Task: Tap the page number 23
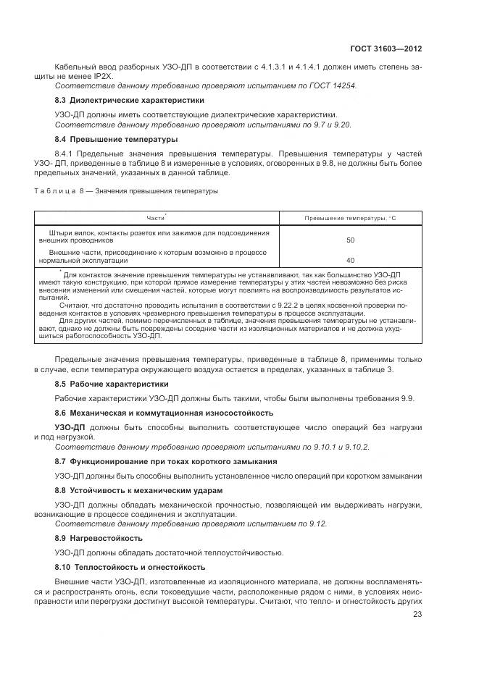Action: [x=417, y=614]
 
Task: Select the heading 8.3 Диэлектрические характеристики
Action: [x=120, y=100]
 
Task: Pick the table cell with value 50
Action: [x=350, y=240]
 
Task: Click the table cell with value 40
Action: [x=350, y=259]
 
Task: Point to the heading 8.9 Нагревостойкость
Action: [x=99, y=538]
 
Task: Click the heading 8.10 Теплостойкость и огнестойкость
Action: [x=130, y=566]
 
